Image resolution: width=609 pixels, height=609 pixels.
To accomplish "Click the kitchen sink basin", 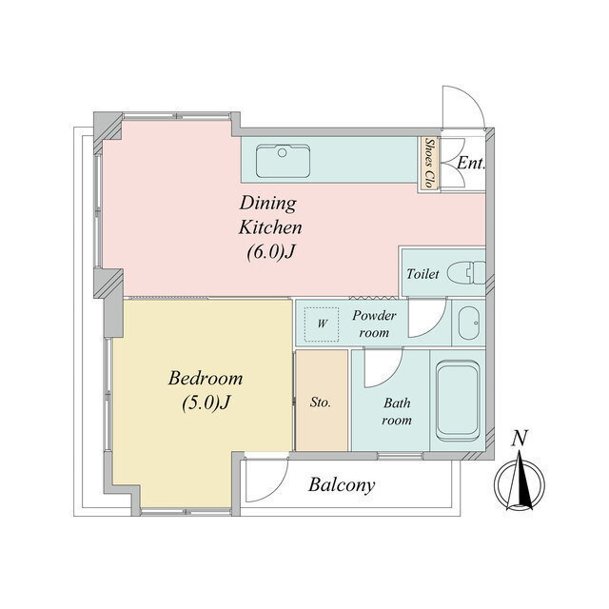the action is tap(284, 161).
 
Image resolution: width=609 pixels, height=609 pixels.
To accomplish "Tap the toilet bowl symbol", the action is tap(466, 273).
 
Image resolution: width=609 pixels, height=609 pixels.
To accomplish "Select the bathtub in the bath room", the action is tap(458, 401).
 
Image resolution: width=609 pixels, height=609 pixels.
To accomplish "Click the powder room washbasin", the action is tap(469, 324).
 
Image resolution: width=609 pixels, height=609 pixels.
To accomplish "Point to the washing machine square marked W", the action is tap(322, 324).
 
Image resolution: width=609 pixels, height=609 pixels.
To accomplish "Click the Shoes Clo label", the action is tap(429, 164).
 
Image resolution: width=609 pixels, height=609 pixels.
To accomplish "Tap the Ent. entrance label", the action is tap(471, 163).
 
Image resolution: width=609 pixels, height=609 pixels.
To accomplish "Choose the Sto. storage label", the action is tap(321, 402).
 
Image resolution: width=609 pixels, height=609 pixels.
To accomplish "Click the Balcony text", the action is tap(342, 485).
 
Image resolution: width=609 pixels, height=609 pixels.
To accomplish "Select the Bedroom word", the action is tap(206, 378).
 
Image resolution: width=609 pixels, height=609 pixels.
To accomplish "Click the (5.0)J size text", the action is tap(206, 403).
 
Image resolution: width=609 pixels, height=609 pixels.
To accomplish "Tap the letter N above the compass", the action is tap(520, 438).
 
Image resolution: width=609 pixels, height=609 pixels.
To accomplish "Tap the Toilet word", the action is tap(422, 274).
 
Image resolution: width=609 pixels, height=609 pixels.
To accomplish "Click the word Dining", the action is tap(268, 203).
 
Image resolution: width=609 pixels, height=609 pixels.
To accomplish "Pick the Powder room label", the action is tap(374, 324).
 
